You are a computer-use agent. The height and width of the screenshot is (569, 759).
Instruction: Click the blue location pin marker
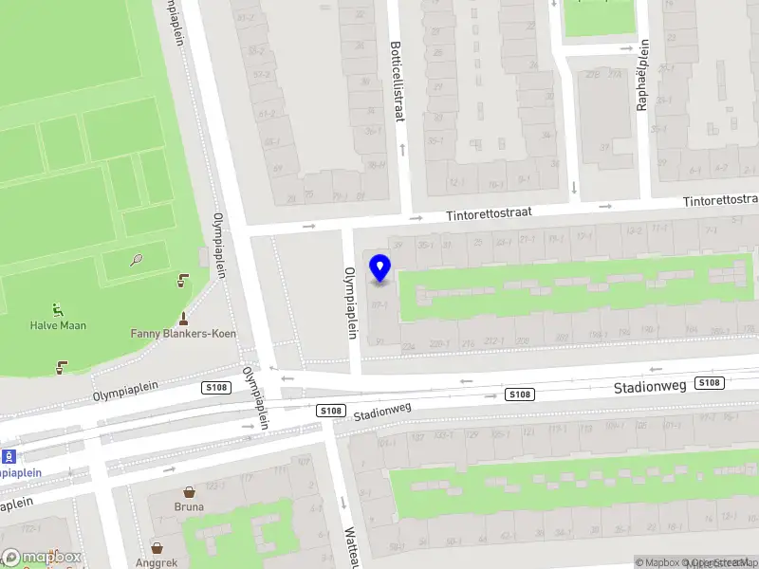380,268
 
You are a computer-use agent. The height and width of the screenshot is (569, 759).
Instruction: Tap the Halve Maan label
58,325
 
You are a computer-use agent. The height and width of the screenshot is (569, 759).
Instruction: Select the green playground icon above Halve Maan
58,308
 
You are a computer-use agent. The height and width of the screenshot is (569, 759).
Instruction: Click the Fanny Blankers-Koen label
183,334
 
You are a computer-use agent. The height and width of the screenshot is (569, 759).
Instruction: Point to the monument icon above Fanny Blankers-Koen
183,317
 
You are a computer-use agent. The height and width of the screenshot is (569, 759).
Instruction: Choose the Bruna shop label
189,506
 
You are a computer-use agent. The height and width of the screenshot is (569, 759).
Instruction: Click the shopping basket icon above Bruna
189,491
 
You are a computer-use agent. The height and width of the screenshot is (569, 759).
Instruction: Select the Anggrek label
157,562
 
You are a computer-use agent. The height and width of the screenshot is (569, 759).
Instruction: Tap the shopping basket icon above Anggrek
157,547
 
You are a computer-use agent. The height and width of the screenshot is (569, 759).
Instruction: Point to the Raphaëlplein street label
643,75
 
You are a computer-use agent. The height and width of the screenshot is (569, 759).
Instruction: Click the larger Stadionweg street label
649,387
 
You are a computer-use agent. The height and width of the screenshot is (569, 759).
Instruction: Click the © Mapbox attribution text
662,562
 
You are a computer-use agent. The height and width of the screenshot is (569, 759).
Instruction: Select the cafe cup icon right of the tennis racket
182,281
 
